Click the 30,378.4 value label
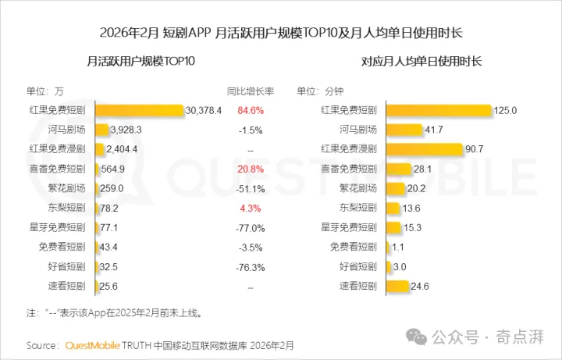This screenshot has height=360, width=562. (x=204, y=110)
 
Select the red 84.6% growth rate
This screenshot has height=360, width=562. (x=251, y=110)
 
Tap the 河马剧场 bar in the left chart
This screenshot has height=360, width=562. (x=101, y=130)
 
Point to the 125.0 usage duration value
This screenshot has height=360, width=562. (x=505, y=110)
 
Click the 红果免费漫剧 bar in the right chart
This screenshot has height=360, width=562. (x=425, y=149)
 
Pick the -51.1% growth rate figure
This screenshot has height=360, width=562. (x=251, y=189)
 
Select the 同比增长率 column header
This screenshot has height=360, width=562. (x=251, y=91)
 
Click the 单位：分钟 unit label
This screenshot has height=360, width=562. (x=320, y=91)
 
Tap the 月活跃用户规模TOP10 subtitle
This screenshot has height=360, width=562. (x=140, y=61)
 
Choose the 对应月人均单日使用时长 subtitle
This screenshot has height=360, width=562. (x=421, y=61)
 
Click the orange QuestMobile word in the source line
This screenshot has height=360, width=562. (x=92, y=345)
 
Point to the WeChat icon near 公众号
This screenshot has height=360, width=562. (x=416, y=337)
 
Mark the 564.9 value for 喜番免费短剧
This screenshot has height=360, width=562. (x=113, y=169)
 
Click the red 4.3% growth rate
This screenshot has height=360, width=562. (x=251, y=209)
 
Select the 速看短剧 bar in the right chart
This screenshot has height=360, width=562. (x=397, y=286)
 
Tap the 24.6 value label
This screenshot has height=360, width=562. (x=420, y=286)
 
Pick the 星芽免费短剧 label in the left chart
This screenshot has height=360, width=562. (x=57, y=227)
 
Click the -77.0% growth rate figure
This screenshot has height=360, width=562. (x=251, y=228)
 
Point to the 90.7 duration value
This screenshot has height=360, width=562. (x=475, y=149)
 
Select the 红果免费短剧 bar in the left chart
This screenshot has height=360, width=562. (x=140, y=110)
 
